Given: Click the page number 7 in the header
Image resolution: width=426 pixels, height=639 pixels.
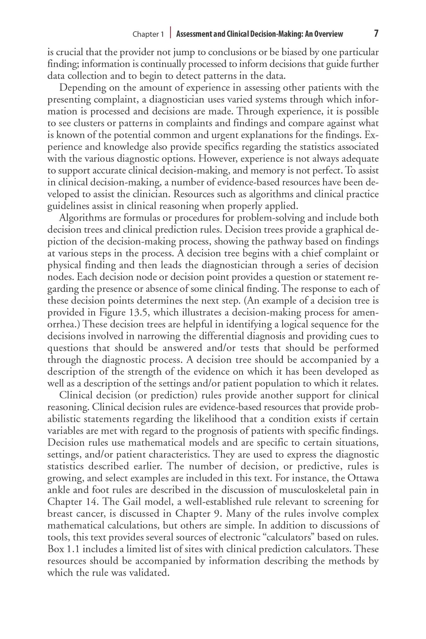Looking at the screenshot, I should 376,34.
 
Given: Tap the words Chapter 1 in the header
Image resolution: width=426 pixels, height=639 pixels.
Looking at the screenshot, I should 148,34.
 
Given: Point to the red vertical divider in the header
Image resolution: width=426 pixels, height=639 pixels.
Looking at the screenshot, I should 170,33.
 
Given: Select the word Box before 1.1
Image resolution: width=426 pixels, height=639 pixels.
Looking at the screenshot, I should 55,549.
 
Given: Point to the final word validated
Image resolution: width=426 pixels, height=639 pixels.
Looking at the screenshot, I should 149,573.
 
